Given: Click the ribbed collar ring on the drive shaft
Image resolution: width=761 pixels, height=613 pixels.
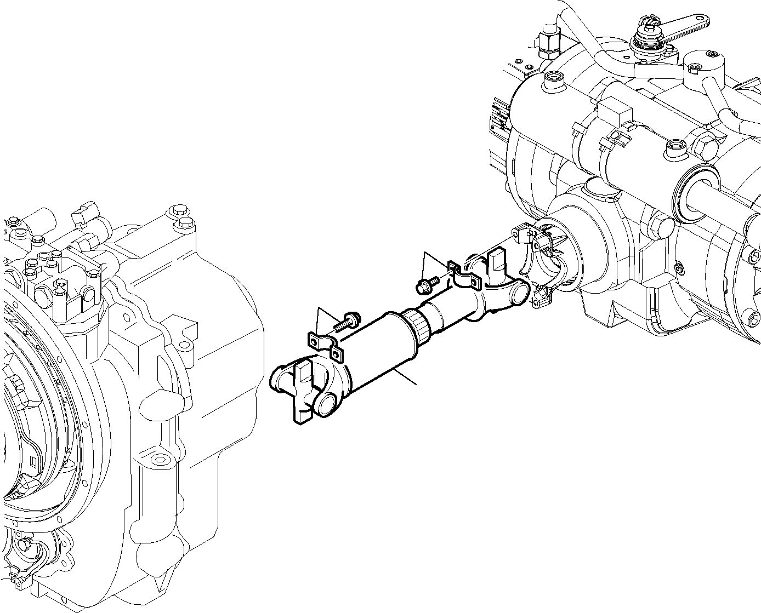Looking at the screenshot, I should [x=418, y=328].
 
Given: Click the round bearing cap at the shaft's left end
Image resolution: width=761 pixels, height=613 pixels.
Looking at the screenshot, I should [x=327, y=404].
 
